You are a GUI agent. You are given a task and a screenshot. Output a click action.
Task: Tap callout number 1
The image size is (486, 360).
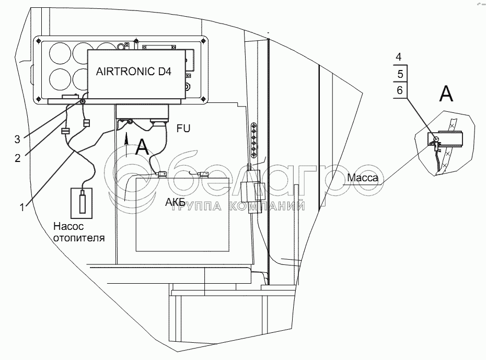(x=21, y=206)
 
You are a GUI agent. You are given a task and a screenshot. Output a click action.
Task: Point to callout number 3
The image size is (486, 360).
(x=17, y=139)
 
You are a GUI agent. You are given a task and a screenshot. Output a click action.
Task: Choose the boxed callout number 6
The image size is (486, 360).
(x=400, y=90)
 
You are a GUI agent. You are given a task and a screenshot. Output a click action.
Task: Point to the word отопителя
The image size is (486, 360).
(x=78, y=238)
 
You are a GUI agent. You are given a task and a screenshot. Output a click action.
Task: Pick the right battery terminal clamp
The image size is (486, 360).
(x=199, y=173)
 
